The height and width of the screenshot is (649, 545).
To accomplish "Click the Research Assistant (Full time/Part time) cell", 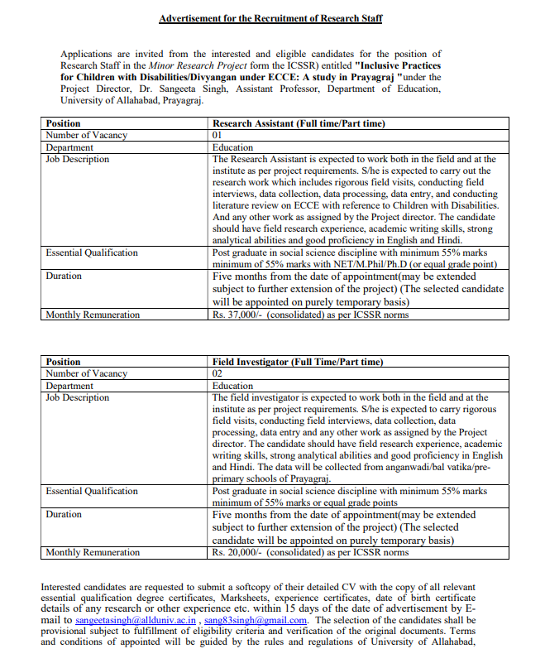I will (x=299, y=123).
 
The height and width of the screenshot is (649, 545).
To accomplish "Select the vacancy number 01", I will (x=218, y=135).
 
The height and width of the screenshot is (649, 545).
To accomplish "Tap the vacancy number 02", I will (x=218, y=373).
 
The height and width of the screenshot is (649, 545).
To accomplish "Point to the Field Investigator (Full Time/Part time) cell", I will (x=298, y=362).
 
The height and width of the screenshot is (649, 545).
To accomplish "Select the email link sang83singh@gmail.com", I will (x=256, y=619).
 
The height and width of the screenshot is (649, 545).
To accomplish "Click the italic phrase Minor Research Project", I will (x=192, y=65).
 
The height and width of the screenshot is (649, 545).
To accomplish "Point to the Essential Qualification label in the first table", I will (x=92, y=252).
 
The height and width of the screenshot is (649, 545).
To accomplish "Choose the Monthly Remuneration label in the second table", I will (x=93, y=552).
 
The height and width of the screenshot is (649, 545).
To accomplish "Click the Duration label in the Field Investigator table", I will (x=64, y=514).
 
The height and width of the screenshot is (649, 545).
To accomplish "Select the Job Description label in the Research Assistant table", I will (x=77, y=159).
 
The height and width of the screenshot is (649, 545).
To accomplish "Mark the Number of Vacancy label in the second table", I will (x=86, y=373).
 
